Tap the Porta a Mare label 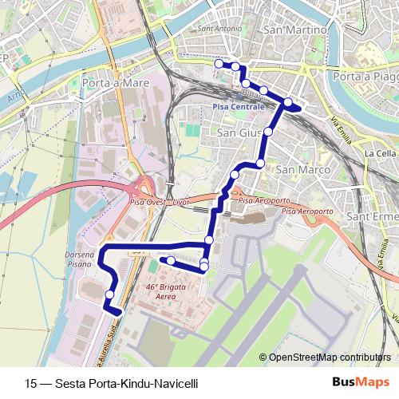point(112,81)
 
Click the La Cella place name point(379,152)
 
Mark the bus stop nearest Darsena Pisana point(109,294)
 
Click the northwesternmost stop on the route point(219,63)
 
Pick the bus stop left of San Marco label point(260,164)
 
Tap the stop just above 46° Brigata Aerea point(170,260)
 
